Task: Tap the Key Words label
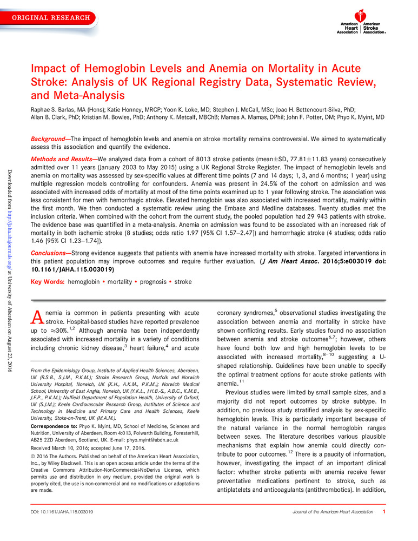tap(47, 281)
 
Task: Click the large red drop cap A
tap(36, 316)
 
